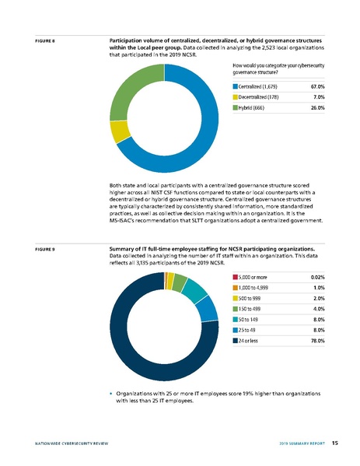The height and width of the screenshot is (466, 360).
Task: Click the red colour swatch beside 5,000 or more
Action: [x=235, y=278]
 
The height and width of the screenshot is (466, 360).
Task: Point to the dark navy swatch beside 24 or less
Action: [x=235, y=362]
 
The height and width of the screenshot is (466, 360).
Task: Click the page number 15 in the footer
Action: [x=334, y=444]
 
